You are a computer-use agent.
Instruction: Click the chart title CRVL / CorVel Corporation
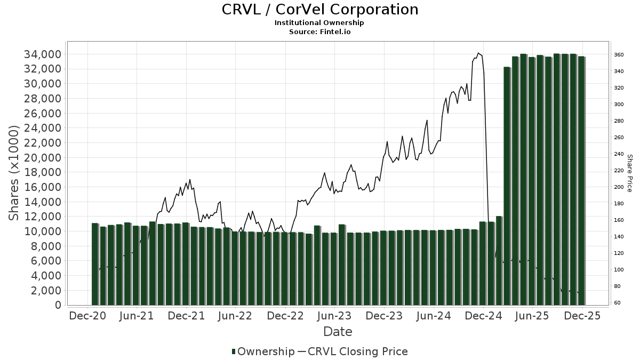[x=319, y=10]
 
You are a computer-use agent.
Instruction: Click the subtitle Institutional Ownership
[x=319, y=23]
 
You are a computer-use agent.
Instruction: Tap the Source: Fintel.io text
[x=319, y=31]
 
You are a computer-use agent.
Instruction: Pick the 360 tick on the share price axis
[x=618, y=54]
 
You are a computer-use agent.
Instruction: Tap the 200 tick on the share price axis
[x=618, y=187]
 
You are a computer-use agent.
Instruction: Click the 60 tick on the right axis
[x=617, y=303]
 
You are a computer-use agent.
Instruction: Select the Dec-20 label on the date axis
[x=87, y=316]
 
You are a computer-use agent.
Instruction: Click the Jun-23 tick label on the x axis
[x=334, y=316]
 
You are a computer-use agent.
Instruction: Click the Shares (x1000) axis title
[x=14, y=173]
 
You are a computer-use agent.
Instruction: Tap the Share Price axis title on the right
[x=629, y=173]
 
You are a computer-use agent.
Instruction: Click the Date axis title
[x=338, y=332]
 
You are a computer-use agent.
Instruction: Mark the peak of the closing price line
[x=478, y=53]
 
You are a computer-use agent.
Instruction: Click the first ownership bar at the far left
[x=95, y=264]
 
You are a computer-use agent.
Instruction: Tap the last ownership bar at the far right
[x=581, y=181]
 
